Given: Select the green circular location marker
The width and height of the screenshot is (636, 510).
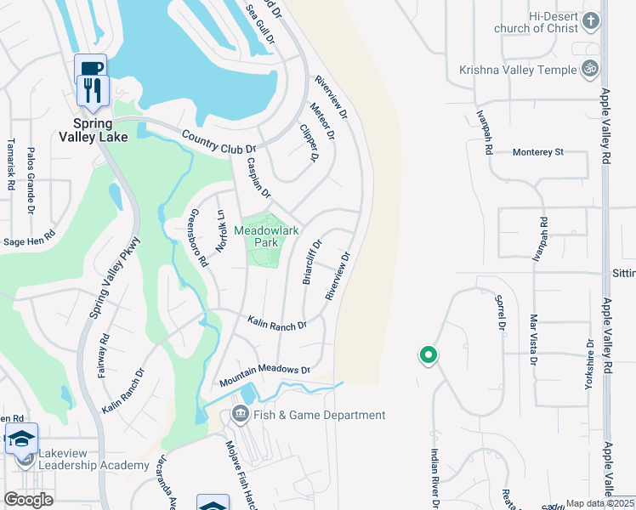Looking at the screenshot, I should pyautogui.click(x=429, y=355).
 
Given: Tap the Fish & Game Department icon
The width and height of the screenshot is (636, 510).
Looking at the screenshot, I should pyautogui.click(x=240, y=415).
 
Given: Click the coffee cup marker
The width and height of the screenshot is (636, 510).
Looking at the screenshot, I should pyautogui.click(x=91, y=68).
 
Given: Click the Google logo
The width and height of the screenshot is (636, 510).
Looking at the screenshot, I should pyautogui.click(x=28, y=499).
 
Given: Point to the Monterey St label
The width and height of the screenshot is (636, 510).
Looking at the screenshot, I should pyautogui.click(x=538, y=152).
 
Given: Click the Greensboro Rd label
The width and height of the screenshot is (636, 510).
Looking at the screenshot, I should pyautogui.click(x=197, y=239).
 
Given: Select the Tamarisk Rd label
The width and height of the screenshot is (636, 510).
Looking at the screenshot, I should pyautogui.click(x=10, y=163).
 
